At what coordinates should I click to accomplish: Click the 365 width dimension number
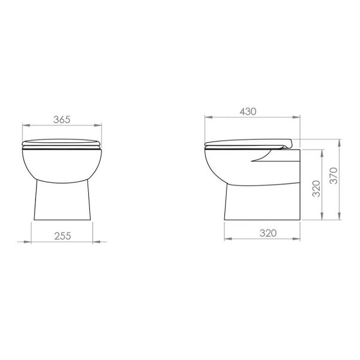[62, 119]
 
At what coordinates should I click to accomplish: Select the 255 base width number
[62, 236]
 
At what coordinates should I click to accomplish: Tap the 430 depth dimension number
[248, 111]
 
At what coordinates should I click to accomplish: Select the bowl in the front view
[62, 163]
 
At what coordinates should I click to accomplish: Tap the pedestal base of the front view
[62, 201]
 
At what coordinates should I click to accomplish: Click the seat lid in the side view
[246, 143]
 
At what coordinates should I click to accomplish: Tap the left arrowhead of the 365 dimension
[24, 125]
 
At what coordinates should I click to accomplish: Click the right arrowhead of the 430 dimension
[297, 116]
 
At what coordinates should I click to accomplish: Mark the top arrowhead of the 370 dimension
[340, 142]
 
